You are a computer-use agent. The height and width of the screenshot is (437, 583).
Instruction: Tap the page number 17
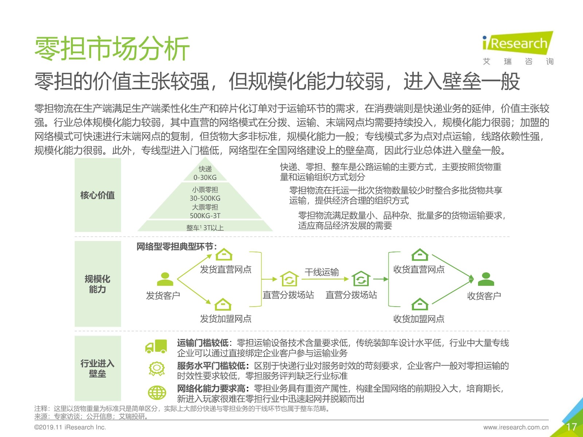[571, 427]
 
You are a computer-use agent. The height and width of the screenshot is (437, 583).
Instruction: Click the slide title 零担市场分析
[112, 48]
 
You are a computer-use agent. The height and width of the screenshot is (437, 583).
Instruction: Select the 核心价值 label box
[98, 195]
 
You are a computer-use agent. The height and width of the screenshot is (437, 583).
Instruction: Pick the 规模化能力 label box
[98, 284]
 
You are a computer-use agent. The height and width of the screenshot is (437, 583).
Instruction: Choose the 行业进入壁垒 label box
[98, 368]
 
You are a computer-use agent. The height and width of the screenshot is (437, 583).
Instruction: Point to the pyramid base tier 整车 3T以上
[205, 226]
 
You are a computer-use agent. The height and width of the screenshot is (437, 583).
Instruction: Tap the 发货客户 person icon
[165, 279]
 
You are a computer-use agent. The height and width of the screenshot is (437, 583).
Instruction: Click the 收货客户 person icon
[486, 279]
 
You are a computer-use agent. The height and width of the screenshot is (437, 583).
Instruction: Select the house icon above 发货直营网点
[224, 255]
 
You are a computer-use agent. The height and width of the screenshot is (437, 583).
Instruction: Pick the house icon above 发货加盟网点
[223, 304]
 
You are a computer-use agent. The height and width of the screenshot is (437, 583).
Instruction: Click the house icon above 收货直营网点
[420, 255]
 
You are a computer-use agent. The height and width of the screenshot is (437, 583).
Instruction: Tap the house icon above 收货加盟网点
[420, 304]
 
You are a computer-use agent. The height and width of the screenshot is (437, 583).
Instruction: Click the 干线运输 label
[322, 272]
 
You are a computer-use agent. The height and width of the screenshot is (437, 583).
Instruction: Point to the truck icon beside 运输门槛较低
[156, 346]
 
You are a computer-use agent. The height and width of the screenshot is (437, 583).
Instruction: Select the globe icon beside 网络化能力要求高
[157, 393]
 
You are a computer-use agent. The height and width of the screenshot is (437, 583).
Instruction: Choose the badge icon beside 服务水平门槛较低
[157, 369]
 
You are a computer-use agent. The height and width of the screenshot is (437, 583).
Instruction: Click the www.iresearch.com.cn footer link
[516, 427]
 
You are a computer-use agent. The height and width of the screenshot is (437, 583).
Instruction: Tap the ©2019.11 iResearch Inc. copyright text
[70, 427]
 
